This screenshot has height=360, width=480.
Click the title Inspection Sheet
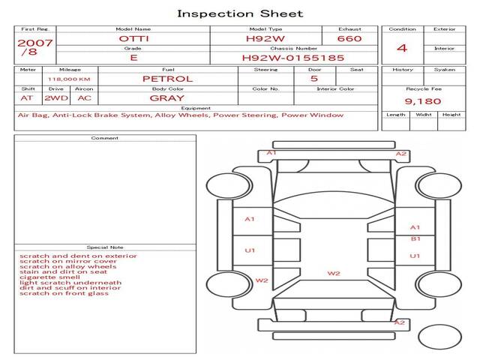click(240, 13)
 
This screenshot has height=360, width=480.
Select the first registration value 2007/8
click(35, 47)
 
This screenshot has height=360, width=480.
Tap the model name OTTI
click(133, 38)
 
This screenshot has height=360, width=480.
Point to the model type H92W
click(265, 38)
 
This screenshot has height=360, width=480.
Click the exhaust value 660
click(349, 38)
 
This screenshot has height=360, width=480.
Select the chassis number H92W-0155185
click(293, 58)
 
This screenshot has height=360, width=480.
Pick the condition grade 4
click(402, 48)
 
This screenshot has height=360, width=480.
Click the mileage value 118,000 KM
click(69, 79)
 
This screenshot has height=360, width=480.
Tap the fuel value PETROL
click(168, 79)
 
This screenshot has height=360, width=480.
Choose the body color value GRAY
click(167, 98)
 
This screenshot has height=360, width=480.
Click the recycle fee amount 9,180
click(423, 101)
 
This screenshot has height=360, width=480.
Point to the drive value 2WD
click(56, 98)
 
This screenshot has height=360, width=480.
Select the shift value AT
click(27, 98)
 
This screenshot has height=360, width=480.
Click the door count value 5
click(314, 78)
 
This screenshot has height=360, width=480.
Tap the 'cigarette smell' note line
click(49, 277)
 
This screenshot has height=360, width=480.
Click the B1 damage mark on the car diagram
click(415, 238)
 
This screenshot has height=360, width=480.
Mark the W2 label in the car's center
click(334, 273)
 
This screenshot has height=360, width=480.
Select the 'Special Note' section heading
click(105, 247)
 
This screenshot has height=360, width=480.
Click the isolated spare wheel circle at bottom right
click(439, 337)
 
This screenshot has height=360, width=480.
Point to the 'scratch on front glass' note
click(64, 293)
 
